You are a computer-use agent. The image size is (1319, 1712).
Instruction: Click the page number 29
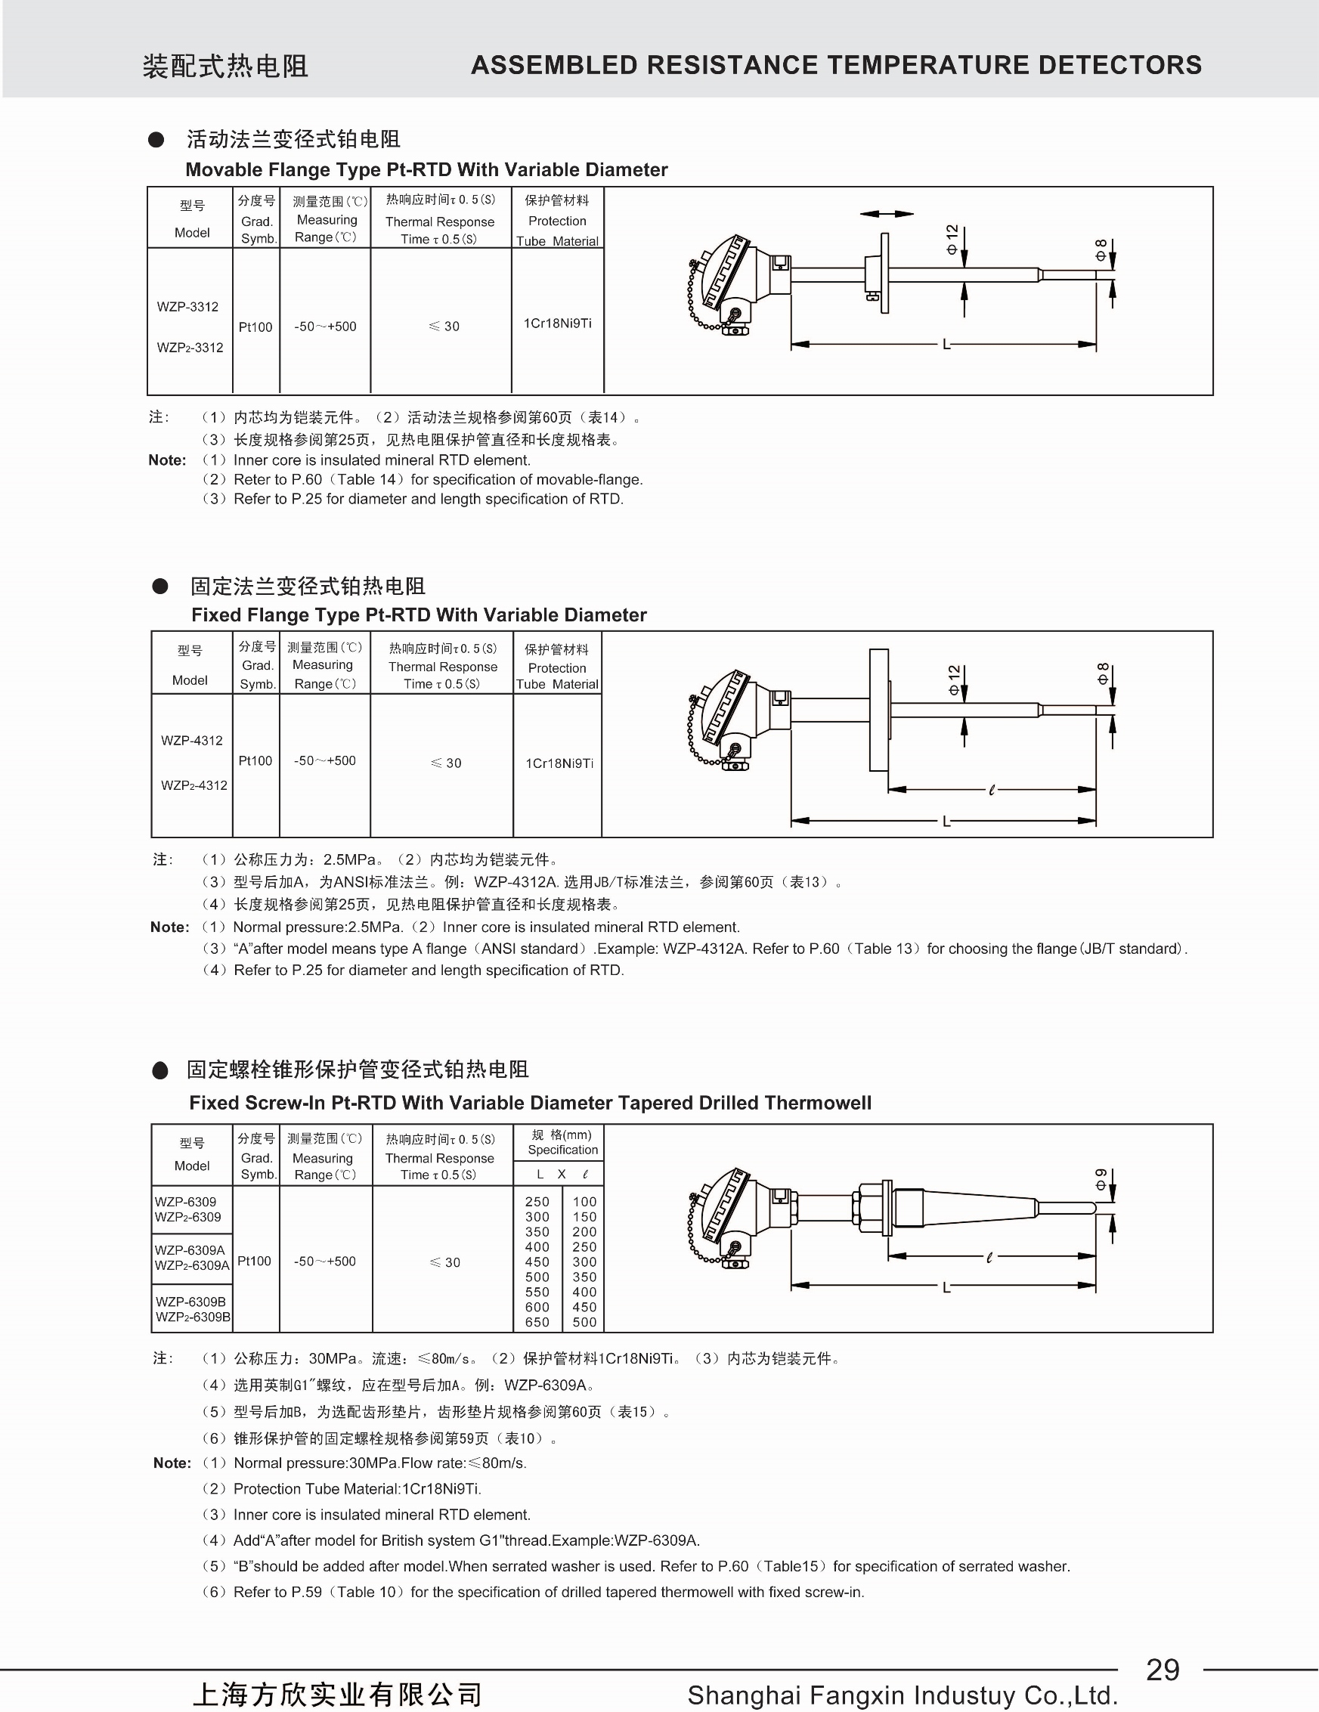click(x=1163, y=1669)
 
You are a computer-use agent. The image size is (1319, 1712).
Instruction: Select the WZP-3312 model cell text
click(x=187, y=307)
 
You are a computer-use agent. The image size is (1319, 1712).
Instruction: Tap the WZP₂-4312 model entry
click(x=194, y=785)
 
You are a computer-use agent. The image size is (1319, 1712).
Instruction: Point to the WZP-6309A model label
click(x=190, y=1250)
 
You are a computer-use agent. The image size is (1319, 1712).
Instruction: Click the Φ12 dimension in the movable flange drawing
click(x=952, y=238)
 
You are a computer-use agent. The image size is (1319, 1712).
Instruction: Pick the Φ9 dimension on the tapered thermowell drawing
click(x=1101, y=1180)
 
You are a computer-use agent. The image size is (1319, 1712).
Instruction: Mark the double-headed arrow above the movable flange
click(x=887, y=214)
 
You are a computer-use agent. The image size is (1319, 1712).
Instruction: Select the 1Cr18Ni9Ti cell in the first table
click(x=557, y=323)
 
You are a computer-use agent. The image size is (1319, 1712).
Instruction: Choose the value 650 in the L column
click(x=537, y=1322)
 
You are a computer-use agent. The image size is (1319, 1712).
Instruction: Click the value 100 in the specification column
click(x=584, y=1202)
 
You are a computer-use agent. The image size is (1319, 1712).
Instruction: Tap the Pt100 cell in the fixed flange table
click(x=255, y=760)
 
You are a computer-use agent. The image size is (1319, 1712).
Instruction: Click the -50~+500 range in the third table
click(x=324, y=1262)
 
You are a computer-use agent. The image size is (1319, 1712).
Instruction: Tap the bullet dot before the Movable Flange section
click(x=156, y=140)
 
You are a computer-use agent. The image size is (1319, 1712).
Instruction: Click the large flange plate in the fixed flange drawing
click(x=878, y=710)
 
